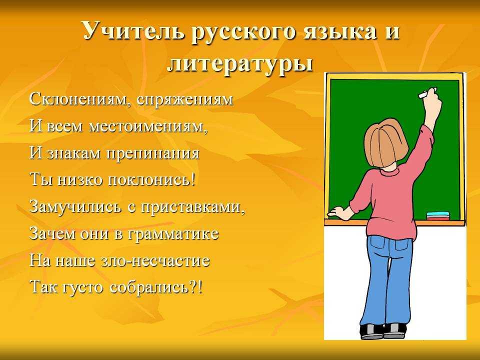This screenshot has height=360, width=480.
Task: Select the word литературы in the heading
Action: click(x=240, y=63)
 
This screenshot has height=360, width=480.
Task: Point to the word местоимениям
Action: click(x=148, y=126)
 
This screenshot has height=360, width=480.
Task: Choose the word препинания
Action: click(x=153, y=153)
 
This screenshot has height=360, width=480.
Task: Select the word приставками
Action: click(x=193, y=207)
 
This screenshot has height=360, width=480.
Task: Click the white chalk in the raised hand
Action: click(x=426, y=93)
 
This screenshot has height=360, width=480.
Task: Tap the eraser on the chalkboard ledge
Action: click(x=438, y=215)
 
